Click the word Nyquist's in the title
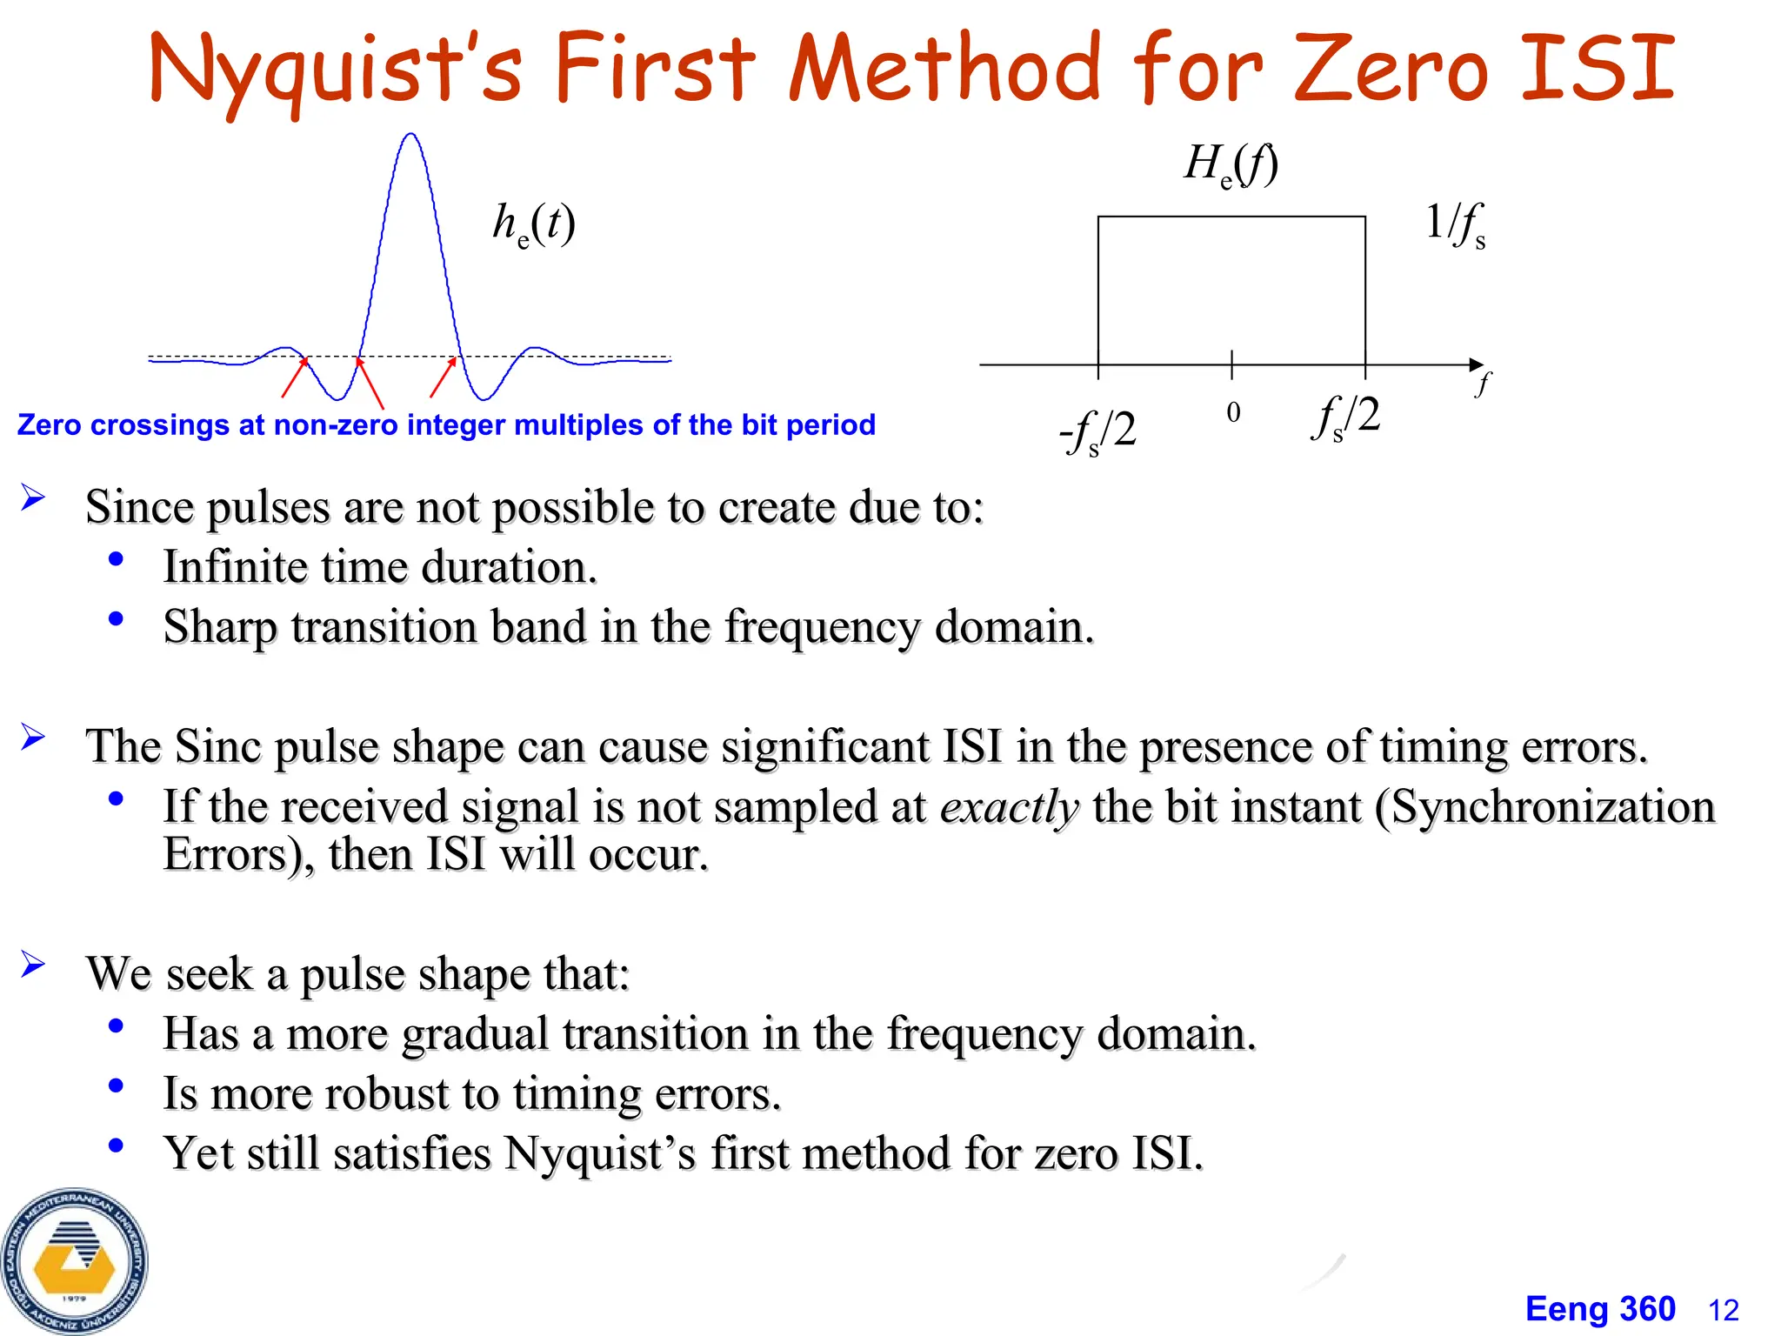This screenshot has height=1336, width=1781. (335, 70)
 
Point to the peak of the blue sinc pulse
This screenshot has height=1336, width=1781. (410, 136)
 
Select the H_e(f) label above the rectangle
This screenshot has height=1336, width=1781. (1231, 164)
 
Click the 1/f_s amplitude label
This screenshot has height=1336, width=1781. (1455, 224)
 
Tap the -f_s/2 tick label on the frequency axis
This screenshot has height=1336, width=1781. (1098, 431)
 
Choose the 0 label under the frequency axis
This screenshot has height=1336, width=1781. (1233, 412)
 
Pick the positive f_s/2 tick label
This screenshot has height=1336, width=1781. (1345, 416)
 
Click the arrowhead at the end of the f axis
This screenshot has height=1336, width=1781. (1476, 364)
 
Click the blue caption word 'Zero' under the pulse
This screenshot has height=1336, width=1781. (50, 425)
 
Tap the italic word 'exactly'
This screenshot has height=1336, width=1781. (1010, 806)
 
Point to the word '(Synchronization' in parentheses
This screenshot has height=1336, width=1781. (1544, 806)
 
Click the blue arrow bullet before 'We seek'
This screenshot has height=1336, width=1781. (33, 964)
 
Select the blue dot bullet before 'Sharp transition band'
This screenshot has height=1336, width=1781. (116, 619)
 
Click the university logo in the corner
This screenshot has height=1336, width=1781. (75, 1261)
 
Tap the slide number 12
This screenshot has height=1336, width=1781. (1724, 1310)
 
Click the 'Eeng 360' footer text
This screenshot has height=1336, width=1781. (1600, 1309)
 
